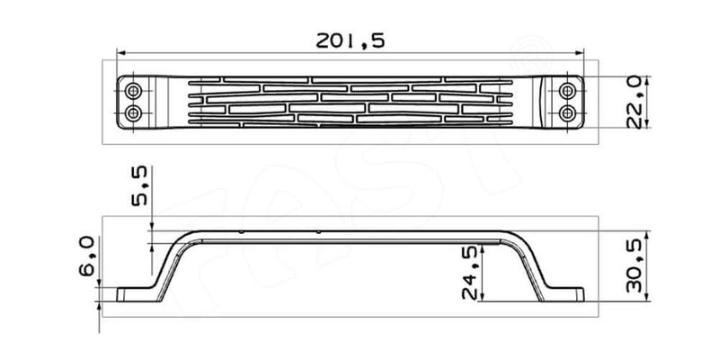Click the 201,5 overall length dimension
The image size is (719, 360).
click(x=349, y=41)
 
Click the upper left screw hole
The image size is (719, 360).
click(x=134, y=91)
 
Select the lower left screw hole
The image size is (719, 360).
click(x=134, y=112)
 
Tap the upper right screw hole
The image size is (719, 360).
click(x=567, y=91)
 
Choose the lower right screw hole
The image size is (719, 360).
click(x=567, y=112)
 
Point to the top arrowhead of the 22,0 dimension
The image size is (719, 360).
click(x=648, y=79)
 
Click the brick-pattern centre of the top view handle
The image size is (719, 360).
click(x=351, y=102)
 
